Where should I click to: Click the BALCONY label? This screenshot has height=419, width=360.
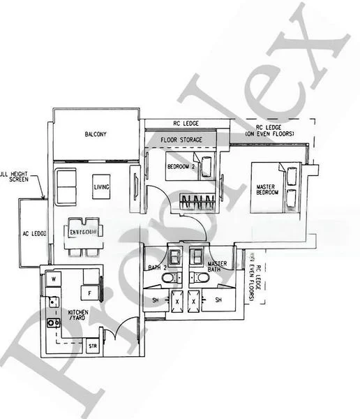click(96, 134)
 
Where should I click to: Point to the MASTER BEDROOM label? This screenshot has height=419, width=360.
click(267, 188)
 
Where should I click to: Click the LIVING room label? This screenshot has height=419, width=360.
click(101, 187)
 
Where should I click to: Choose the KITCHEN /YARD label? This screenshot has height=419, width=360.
click(77, 316)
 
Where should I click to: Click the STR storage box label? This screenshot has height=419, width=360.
click(92, 346)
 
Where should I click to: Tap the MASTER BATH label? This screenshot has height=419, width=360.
click(218, 267)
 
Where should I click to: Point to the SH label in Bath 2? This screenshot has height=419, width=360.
click(154, 300)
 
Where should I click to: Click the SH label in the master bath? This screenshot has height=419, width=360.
click(218, 300)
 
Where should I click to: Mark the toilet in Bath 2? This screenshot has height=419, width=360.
click(168, 278)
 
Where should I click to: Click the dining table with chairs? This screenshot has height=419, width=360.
click(84, 235)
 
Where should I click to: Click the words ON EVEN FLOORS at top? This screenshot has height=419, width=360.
click(269, 133)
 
